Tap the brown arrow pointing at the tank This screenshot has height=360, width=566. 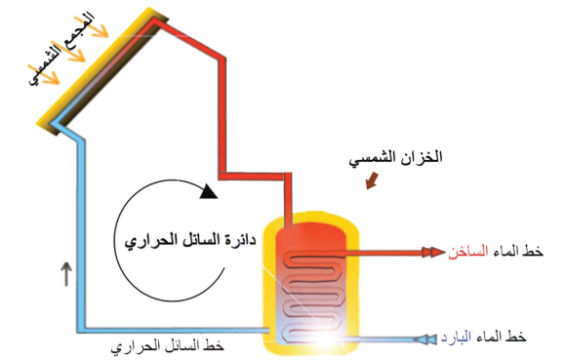(x=371, y=181)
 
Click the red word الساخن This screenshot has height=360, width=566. (x=468, y=253)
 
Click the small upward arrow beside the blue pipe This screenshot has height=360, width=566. (x=66, y=275)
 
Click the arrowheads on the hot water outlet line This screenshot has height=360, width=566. (x=428, y=253)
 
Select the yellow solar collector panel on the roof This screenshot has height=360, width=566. (x=98, y=68)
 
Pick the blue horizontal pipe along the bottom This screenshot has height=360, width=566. (x=176, y=329)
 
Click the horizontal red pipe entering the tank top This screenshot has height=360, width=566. (x=256, y=179)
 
